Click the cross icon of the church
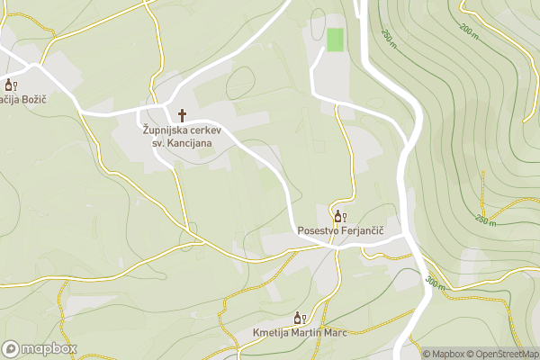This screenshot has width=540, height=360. (x=183, y=115)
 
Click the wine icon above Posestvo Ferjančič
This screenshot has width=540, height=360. (x=340, y=216)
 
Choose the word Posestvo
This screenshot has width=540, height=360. (x=319, y=231)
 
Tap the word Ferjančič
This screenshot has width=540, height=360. (x=363, y=231)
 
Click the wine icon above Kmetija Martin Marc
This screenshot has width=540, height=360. (x=301, y=318)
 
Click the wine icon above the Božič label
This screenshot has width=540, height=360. (x=11, y=85)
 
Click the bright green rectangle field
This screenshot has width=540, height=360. (x=335, y=40)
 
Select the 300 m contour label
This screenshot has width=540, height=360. (x=435, y=282)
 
